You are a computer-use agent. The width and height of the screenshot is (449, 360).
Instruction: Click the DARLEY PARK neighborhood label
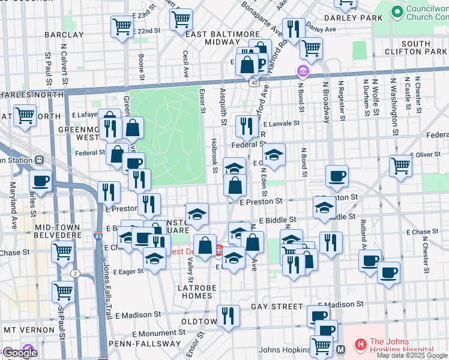coord(360,17)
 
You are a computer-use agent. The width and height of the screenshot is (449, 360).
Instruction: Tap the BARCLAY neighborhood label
coord(63,35)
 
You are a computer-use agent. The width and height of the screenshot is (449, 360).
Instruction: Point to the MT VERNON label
coord(28,330)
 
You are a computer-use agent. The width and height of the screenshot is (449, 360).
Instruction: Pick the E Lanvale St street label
coord(280,123)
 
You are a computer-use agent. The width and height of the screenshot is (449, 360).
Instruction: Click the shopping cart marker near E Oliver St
coord(400,166)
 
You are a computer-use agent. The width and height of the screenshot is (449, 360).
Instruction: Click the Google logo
coord(20,353)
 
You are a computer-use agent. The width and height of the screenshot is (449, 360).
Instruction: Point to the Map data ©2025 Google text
coord(412,355)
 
